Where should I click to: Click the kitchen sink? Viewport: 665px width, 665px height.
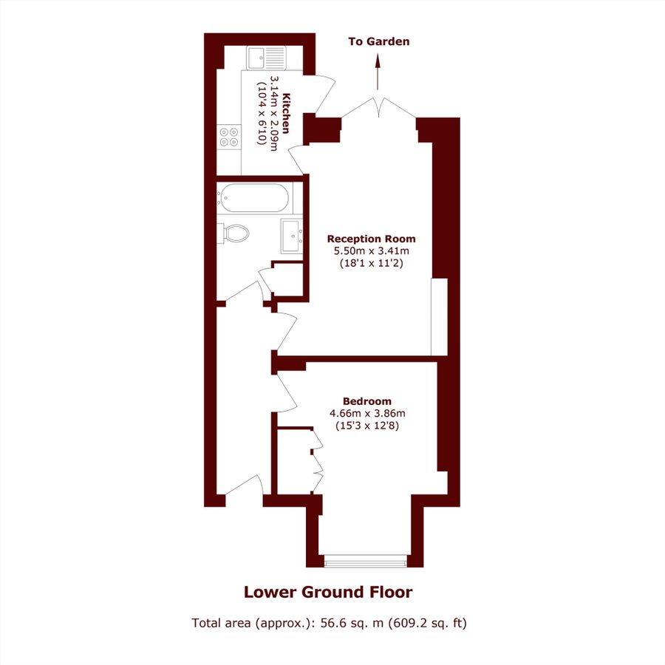click(267, 56)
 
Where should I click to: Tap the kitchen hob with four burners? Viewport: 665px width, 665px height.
click(228, 137)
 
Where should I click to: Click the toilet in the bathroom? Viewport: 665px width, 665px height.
click(235, 233)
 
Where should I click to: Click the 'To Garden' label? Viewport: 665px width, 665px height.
click(378, 41)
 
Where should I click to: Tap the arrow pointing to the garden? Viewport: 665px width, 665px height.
click(378, 73)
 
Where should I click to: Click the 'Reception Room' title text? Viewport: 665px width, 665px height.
click(371, 239)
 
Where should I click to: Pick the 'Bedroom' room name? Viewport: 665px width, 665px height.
click(367, 401)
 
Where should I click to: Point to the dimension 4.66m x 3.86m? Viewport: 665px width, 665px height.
click(367, 414)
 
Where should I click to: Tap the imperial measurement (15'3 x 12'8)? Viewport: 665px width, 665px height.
click(367, 426)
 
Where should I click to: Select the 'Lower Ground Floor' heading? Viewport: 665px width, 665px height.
click(328, 592)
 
